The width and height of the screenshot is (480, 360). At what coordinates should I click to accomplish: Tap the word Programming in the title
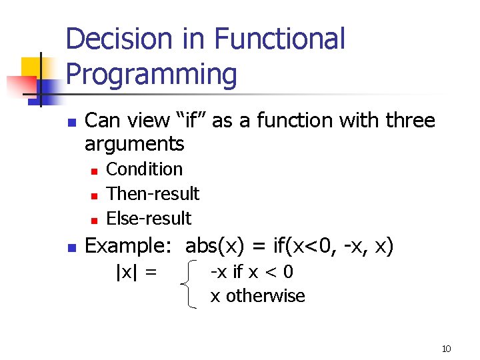click(x=151, y=75)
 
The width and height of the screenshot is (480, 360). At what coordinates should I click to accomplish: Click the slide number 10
click(x=446, y=349)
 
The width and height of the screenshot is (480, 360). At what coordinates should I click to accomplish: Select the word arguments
click(x=135, y=143)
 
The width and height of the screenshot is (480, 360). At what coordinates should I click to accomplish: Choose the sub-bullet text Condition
click(x=145, y=169)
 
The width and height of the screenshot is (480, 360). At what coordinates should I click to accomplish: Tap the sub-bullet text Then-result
click(x=153, y=194)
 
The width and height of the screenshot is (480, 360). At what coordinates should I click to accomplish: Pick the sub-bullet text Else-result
click(x=149, y=219)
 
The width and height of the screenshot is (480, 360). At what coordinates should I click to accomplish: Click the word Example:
click(x=132, y=246)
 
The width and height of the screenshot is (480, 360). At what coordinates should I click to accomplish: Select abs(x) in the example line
click(x=214, y=246)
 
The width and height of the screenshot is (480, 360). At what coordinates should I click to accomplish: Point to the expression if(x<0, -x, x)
click(x=333, y=246)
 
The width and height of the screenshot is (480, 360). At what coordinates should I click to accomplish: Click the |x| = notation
click(x=137, y=272)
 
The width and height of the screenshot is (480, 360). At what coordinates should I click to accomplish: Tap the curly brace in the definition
click(x=191, y=284)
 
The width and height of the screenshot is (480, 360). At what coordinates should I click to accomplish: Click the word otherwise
click(x=265, y=296)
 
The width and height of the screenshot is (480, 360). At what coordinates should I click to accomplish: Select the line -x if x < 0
click(x=252, y=272)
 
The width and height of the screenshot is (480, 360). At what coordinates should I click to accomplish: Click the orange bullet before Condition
click(x=95, y=171)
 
